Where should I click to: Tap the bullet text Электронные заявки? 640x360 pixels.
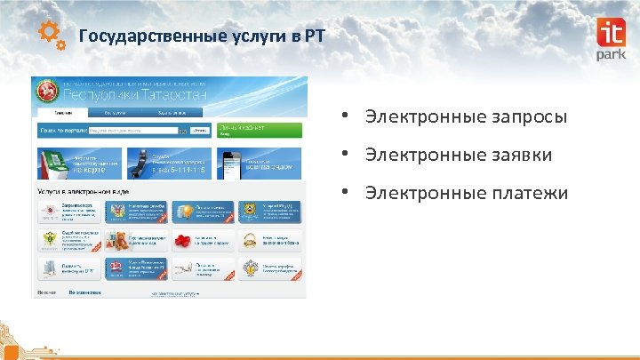point(458,156)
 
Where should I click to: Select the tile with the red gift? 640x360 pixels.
point(204,240)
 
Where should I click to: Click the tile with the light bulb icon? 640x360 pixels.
point(204,212)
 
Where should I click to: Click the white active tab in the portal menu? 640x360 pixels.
point(62,114)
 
